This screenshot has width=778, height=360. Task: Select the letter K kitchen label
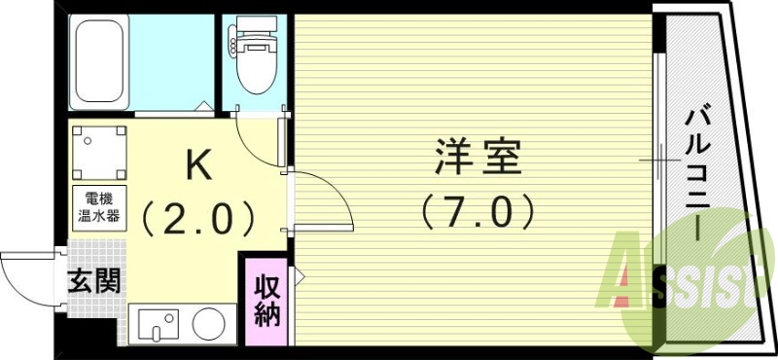click(198, 166)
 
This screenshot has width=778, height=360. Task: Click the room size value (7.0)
click(476, 210)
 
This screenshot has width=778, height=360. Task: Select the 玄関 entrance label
click(94, 282)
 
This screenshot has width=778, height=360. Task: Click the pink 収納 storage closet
click(267, 301)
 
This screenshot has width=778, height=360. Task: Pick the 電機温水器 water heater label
click(101, 208)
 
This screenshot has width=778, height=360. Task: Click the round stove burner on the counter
click(206, 324)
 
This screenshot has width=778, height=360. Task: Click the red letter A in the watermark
click(633, 282)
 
